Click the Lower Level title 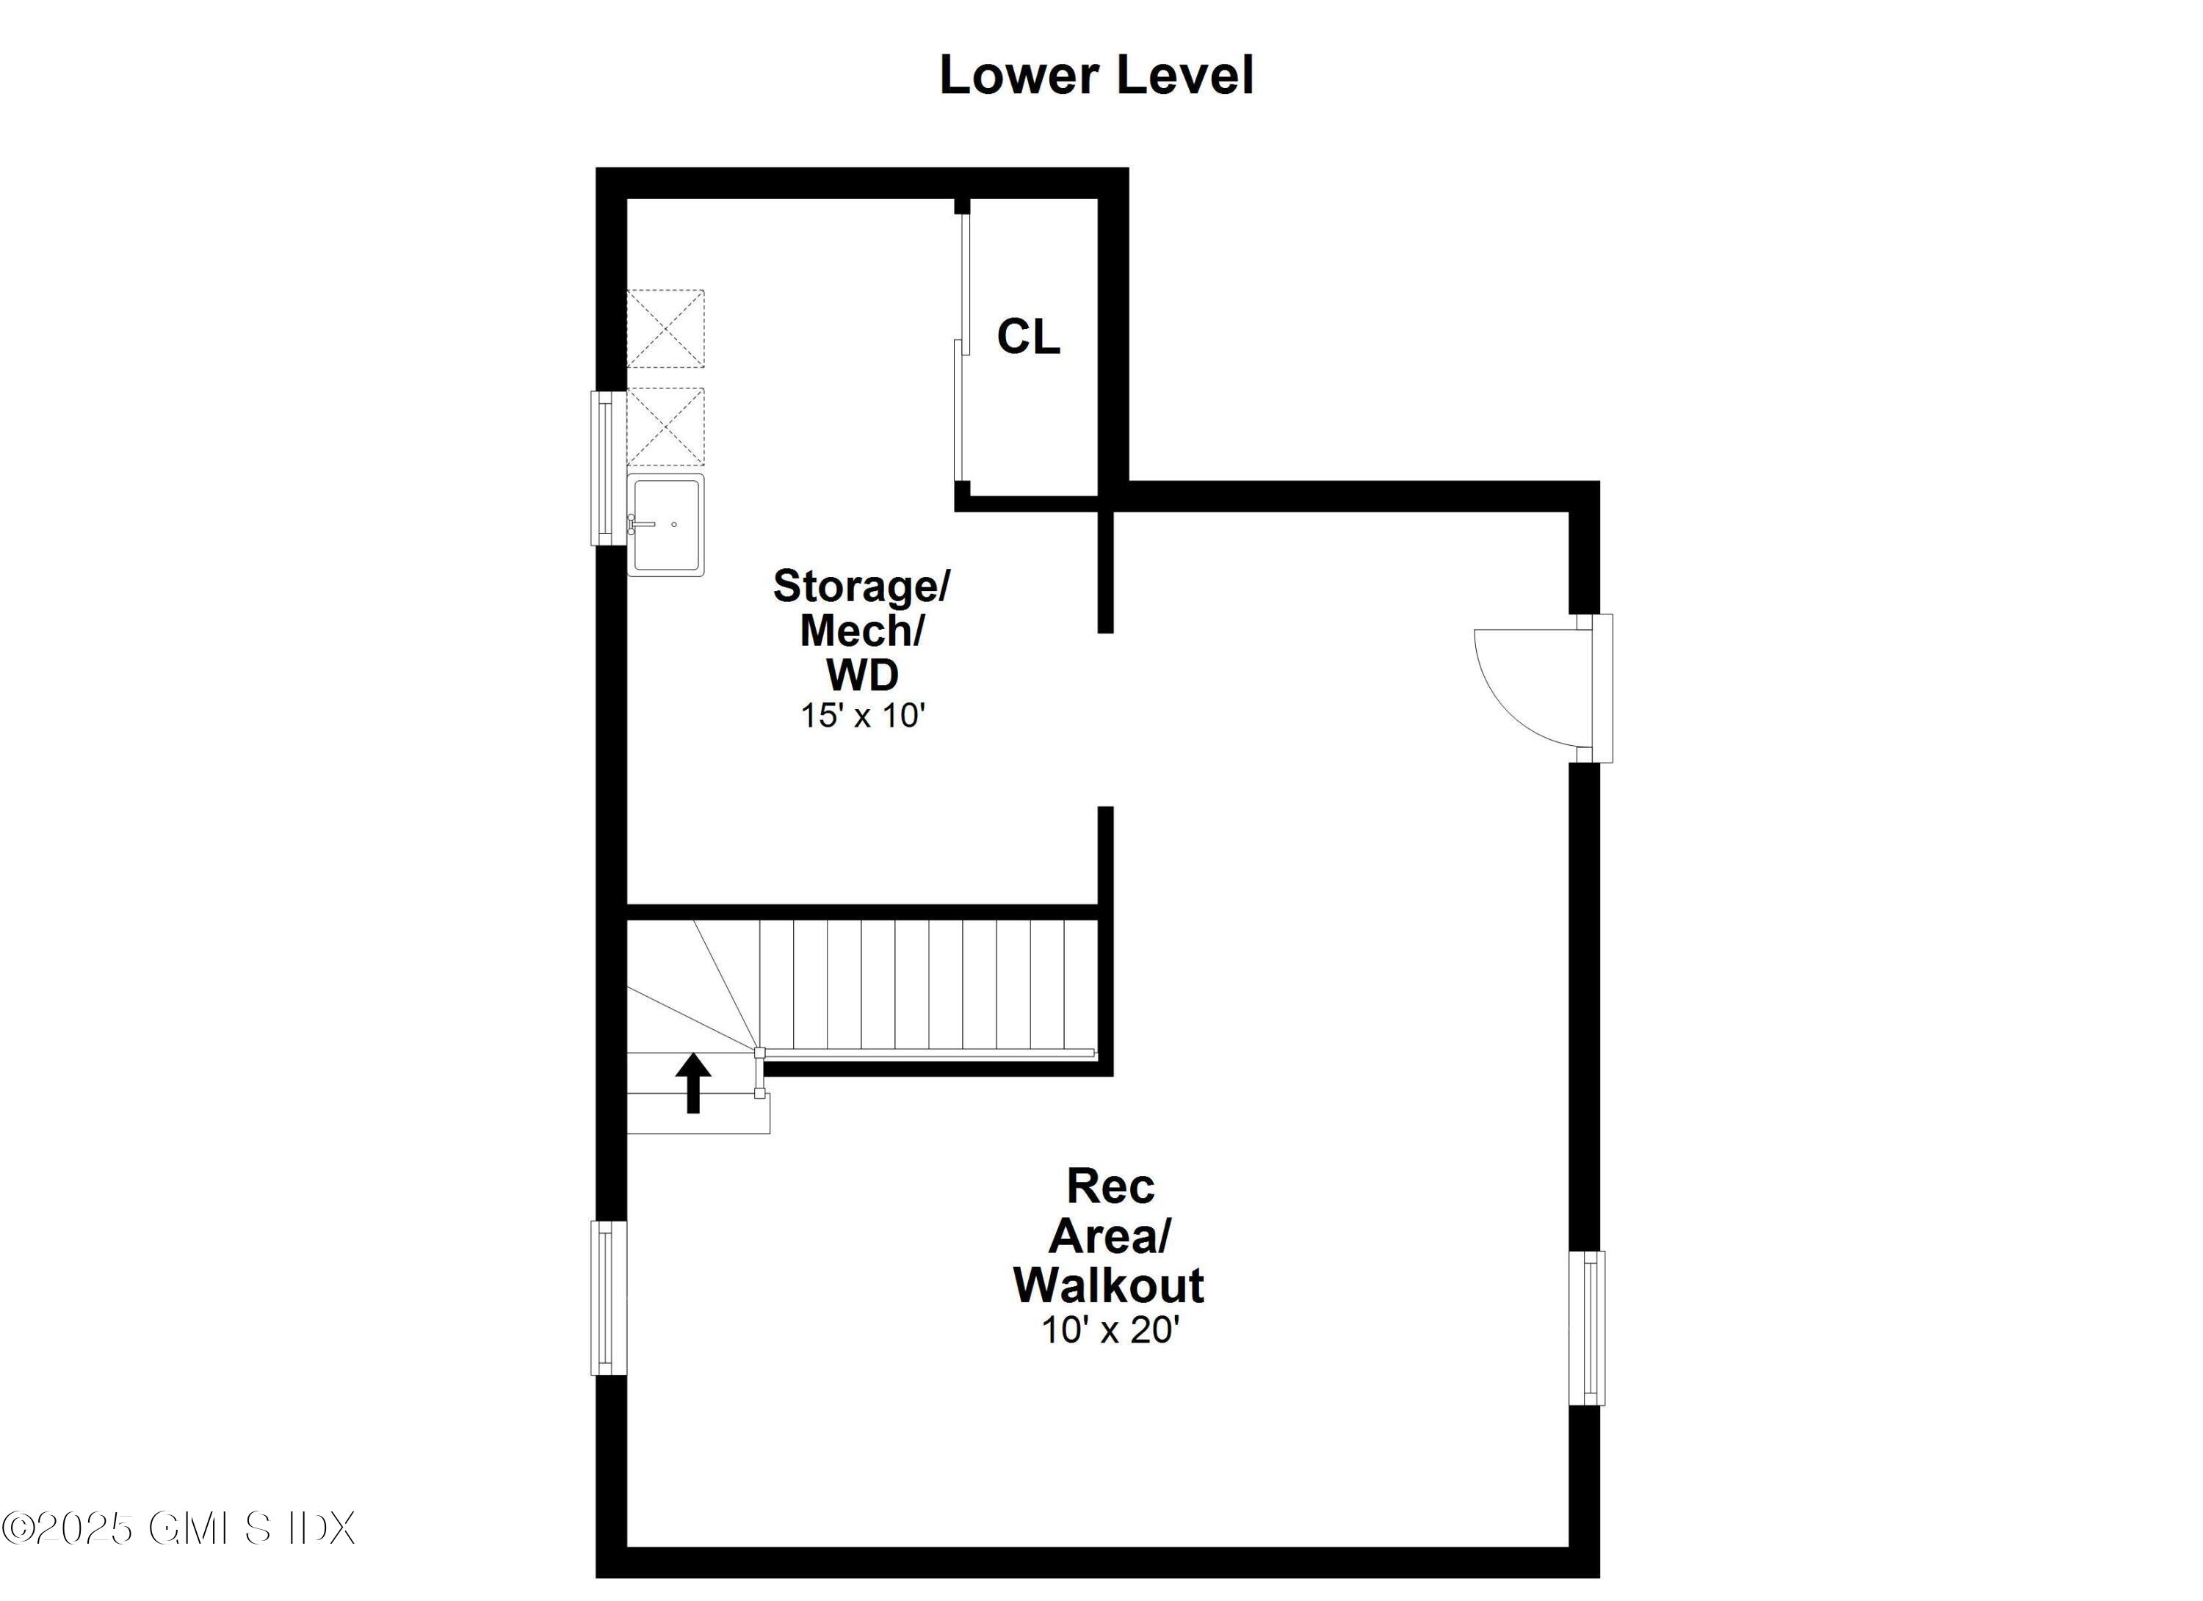1096,76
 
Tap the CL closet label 1027,337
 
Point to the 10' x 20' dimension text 1110,1329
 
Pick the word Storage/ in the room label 861,586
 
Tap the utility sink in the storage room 665,526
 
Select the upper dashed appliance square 665,328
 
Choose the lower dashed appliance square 665,426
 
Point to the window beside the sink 606,468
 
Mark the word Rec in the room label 1110,1186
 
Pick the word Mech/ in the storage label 861,631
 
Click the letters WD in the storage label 861,674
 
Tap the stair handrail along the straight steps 927,1053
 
